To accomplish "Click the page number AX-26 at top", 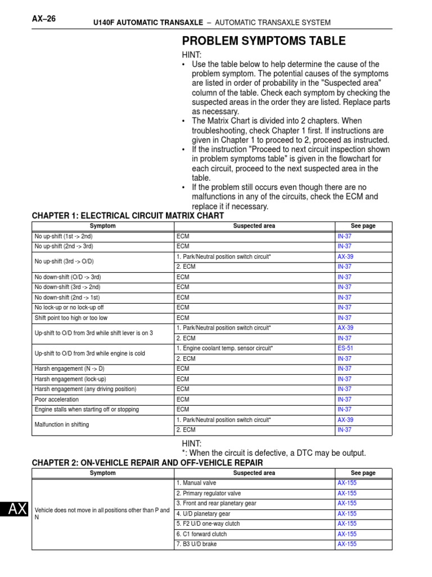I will pyautogui.click(x=44, y=19).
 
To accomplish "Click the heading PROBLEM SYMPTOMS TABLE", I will pyautogui.click(x=264, y=41).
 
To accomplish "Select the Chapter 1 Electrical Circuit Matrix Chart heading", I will pyautogui.click(x=128, y=216).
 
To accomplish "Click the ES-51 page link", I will pyautogui.click(x=345, y=348).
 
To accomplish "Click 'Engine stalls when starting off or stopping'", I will pyautogui.click(x=87, y=410).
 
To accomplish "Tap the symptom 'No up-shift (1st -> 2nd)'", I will pyautogui.click(x=64, y=236).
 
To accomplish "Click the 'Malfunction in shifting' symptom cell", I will pyautogui.click(x=62, y=425).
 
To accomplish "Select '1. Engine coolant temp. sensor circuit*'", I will pyautogui.click(x=224, y=348).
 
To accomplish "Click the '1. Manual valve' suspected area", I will pyautogui.click(x=196, y=483).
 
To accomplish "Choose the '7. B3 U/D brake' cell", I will pyautogui.click(x=196, y=544).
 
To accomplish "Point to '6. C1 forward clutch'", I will pyautogui.click(x=201, y=534).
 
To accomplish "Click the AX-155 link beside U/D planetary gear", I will pyautogui.click(x=347, y=514).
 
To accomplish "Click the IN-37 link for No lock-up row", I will pyautogui.click(x=344, y=308).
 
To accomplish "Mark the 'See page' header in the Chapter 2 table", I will pyautogui.click(x=363, y=473).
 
